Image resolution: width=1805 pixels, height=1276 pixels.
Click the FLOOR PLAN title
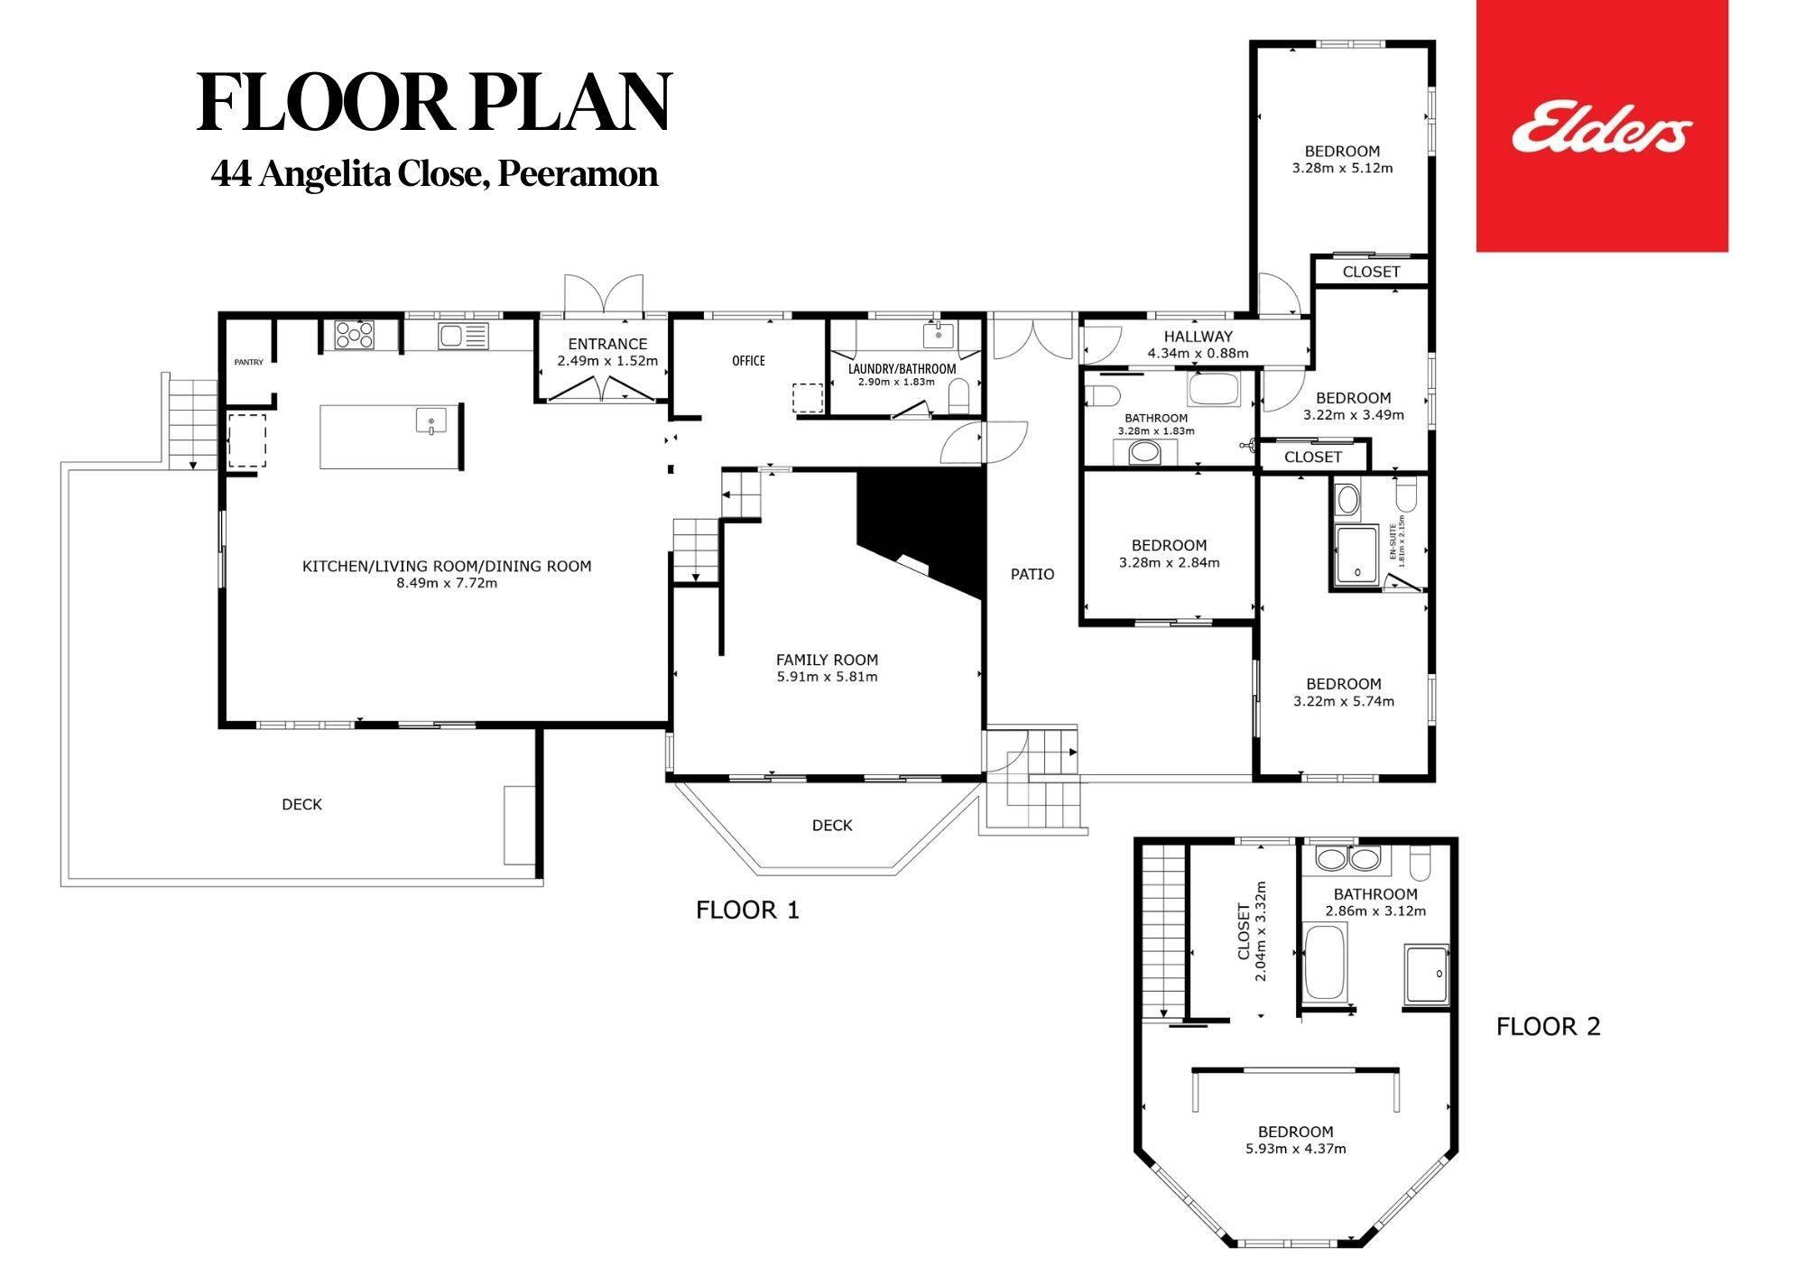tap(434, 102)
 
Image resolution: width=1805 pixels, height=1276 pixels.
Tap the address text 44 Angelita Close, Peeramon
tap(434, 174)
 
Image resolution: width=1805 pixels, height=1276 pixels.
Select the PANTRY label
tap(249, 363)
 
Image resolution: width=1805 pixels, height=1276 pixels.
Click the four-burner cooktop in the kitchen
tap(355, 336)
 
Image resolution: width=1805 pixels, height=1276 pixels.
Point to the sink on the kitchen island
tap(431, 421)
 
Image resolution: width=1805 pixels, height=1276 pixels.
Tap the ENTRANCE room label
tap(607, 344)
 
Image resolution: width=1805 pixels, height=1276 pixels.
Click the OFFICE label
tap(748, 361)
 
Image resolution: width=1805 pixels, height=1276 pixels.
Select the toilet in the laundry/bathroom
tap(958, 394)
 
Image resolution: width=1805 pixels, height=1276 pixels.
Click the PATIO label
tap(1032, 574)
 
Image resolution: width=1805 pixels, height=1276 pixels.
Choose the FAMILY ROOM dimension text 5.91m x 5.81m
tap(827, 677)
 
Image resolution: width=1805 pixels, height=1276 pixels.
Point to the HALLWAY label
tap(1198, 337)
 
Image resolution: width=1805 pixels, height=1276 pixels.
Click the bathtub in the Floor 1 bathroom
tap(1215, 388)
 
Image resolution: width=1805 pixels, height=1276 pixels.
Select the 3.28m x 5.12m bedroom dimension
tap(1342, 168)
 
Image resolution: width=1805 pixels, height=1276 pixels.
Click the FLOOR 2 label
tap(1548, 1027)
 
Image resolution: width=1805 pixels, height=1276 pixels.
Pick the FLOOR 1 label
tap(747, 910)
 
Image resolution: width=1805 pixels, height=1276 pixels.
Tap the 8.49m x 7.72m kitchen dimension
tap(447, 583)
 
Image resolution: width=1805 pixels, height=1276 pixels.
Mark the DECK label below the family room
tap(832, 825)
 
